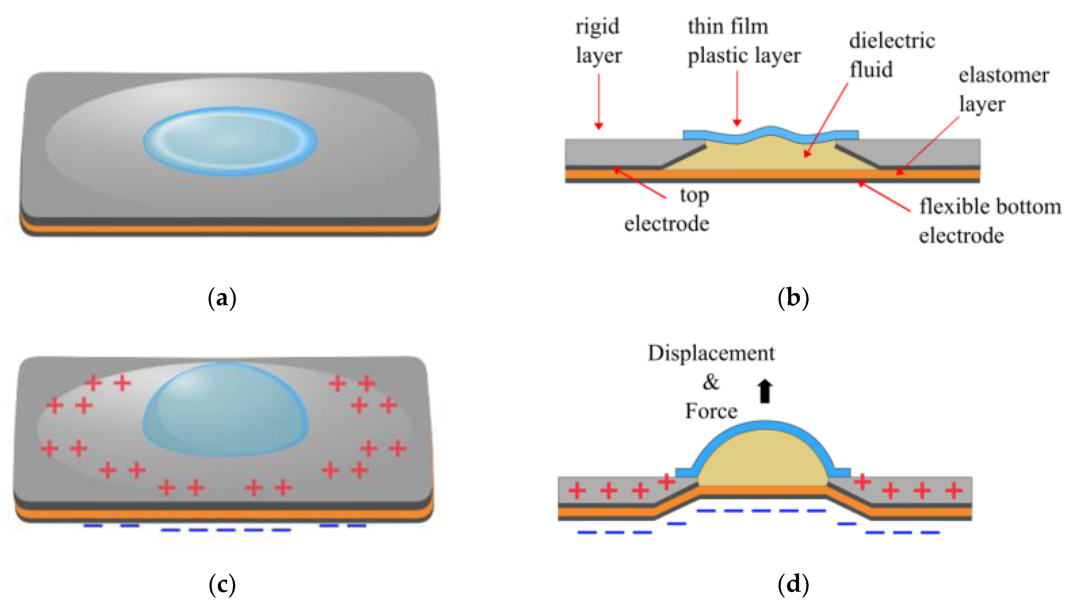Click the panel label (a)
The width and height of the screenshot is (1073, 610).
point(222,298)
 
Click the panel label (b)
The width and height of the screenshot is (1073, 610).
point(793,298)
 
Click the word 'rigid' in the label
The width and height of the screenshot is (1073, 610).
point(597,27)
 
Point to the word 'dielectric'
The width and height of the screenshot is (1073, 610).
point(892,41)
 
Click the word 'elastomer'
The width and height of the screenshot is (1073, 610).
point(1004,75)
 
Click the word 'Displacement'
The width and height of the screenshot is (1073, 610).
point(711,353)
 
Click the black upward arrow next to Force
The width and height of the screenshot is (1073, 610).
point(765,391)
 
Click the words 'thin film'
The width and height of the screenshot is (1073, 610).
point(728,27)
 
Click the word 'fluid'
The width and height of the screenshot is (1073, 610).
point(871,69)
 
